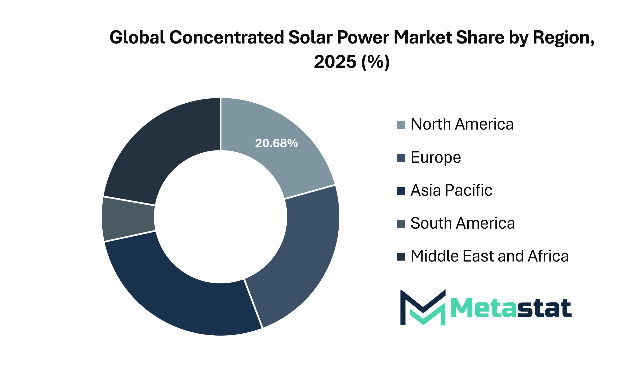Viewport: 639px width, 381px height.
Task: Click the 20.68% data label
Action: (276, 143)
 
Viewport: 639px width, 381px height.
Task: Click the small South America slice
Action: (128, 219)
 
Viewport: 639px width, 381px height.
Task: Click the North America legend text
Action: (462, 124)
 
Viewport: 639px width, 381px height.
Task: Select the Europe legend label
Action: (436, 157)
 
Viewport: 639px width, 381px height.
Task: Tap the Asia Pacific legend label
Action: (451, 190)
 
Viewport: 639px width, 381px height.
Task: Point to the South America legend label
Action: (463, 223)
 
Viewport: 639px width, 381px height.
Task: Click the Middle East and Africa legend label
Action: (490, 256)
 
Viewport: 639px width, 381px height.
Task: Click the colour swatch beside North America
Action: (401, 125)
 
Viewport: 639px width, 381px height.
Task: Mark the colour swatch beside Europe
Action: (401, 158)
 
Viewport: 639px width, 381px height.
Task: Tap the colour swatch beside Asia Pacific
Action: (401, 191)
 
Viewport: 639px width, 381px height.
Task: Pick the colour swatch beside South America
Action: (401, 224)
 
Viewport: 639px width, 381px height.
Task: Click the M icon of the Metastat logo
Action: (423, 308)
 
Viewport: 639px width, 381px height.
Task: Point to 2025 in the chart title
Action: (335, 62)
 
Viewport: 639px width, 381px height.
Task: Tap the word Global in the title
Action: (137, 37)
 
